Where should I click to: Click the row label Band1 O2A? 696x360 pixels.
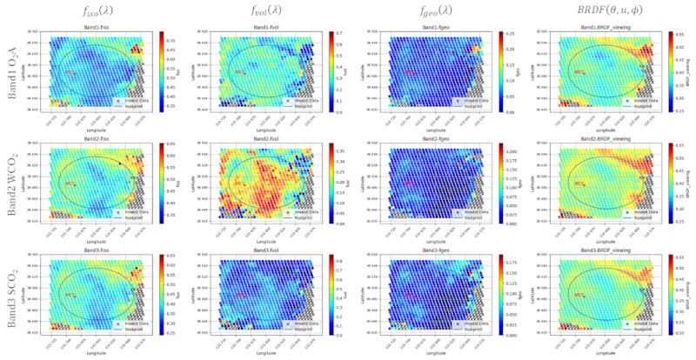click(13, 74)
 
